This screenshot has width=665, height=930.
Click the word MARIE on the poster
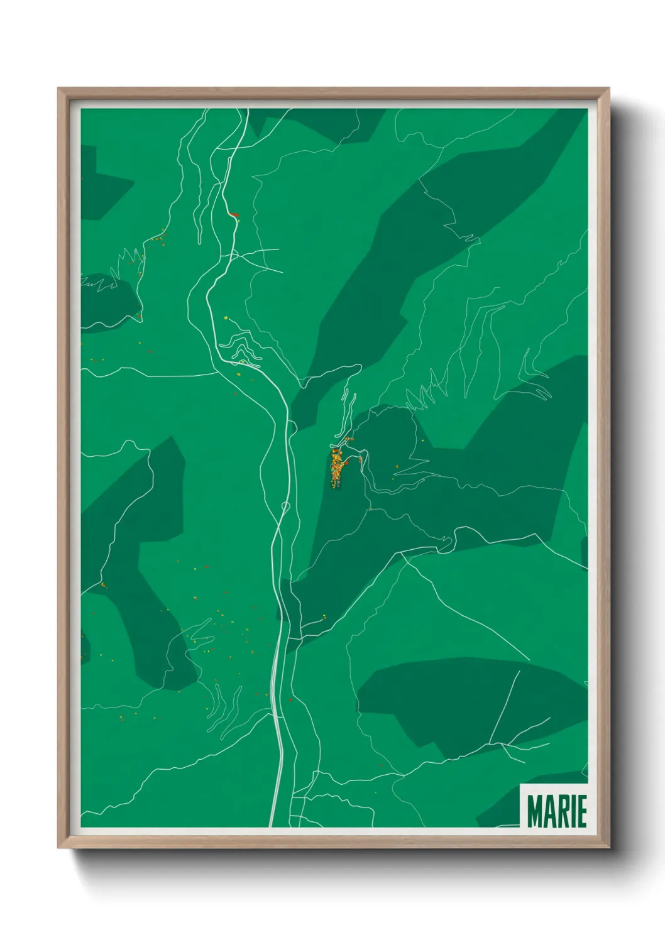(x=556, y=811)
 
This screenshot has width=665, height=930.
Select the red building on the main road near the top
(x=234, y=215)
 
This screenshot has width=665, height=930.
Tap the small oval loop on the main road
(x=285, y=506)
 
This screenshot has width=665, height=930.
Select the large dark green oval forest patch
(x=465, y=697)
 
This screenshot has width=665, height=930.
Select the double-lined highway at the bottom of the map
(x=275, y=754)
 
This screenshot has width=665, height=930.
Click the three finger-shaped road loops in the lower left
(x=223, y=707)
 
